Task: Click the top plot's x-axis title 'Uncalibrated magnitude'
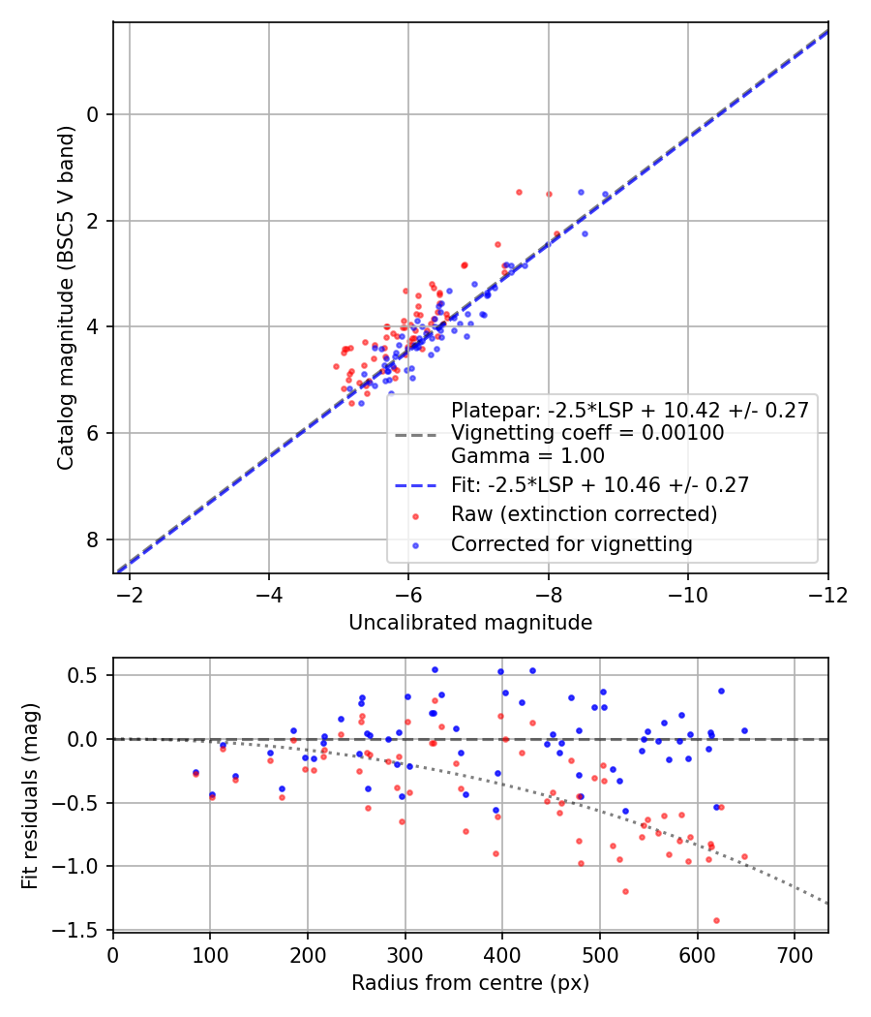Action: click(x=470, y=623)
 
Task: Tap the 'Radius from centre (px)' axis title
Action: click(x=470, y=983)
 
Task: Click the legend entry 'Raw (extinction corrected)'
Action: click(x=584, y=514)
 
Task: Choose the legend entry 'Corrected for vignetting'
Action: click(x=571, y=544)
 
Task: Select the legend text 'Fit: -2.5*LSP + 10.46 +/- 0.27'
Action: click(x=600, y=484)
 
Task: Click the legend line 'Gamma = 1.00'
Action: click(x=527, y=455)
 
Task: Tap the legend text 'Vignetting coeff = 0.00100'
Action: click(x=587, y=433)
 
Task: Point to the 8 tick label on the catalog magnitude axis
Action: click(x=93, y=539)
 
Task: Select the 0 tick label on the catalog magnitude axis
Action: click(x=93, y=115)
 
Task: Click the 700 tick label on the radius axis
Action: click(x=794, y=954)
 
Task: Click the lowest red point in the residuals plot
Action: click(x=716, y=920)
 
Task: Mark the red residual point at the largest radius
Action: click(x=744, y=856)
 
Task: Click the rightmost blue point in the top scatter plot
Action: click(x=605, y=195)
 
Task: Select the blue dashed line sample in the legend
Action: click(x=417, y=484)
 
